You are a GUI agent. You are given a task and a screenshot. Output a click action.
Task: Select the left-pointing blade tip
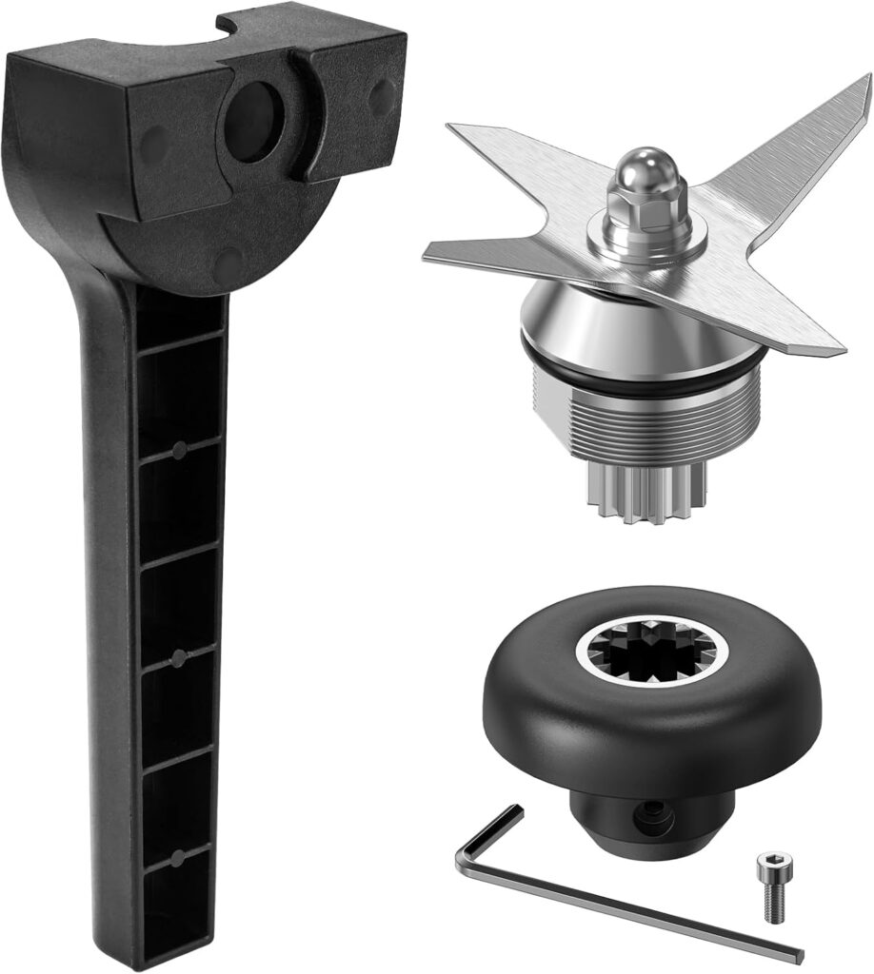pyautogui.click(x=434, y=252)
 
